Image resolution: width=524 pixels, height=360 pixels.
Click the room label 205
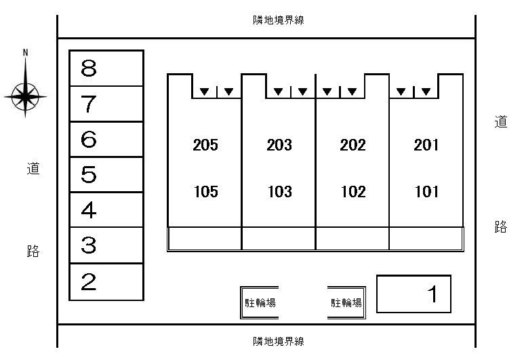pos(205,145)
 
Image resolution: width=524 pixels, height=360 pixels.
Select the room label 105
pos(205,192)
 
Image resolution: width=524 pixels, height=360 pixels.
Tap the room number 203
pos(279,145)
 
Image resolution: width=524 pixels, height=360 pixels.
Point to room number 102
pos(352,192)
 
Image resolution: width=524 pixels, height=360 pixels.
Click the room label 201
pos(426,145)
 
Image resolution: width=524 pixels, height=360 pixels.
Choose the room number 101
pos(426,192)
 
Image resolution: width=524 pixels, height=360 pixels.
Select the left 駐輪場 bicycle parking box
pos(260,302)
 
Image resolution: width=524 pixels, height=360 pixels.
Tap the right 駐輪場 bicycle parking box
pos(346,302)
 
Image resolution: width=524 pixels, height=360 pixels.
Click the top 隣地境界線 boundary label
pos(279,20)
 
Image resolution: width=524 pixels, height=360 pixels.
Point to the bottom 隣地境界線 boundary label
pos(279,341)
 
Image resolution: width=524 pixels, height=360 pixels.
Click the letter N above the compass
pos(26,52)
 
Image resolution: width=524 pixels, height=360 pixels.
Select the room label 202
pos(352,145)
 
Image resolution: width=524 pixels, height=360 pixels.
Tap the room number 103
pos(279,192)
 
